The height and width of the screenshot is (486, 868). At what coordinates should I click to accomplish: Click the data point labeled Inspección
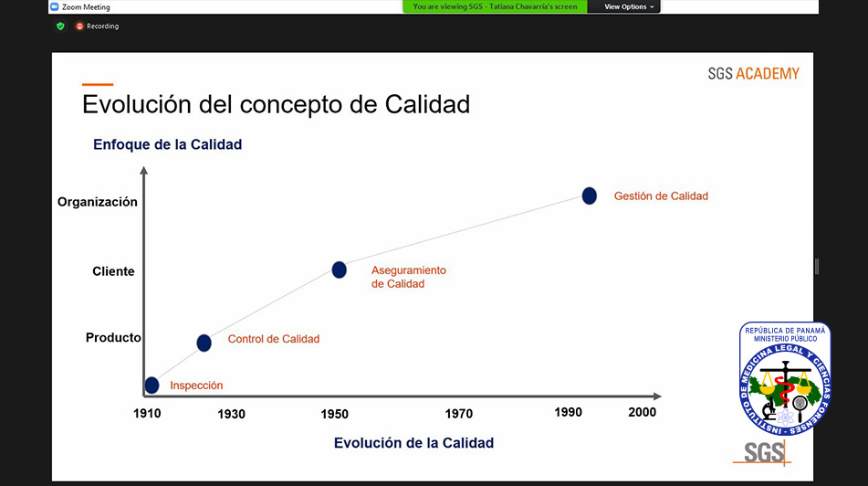152,386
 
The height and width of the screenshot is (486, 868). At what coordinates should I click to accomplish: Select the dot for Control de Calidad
204,343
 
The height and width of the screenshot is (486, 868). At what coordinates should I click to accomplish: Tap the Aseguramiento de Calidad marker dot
339,269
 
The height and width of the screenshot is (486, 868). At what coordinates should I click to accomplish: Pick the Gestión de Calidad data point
589,195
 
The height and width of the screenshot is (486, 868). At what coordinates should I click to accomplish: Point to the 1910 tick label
147,414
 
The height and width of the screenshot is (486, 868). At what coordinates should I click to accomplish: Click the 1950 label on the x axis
334,414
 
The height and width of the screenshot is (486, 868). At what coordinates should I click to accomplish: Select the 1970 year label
459,414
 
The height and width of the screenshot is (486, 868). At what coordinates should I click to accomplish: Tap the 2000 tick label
643,412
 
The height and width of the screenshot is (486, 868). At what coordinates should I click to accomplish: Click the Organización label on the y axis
98,202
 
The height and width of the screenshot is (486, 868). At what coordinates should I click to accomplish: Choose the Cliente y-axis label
113,271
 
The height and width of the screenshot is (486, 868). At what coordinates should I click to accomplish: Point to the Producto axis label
113,337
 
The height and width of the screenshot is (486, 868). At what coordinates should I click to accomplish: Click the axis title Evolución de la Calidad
413,443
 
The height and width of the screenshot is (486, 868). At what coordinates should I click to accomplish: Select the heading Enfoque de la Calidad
167,144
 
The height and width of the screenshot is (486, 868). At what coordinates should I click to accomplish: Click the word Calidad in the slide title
427,104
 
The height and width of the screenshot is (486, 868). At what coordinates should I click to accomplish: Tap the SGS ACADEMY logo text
753,74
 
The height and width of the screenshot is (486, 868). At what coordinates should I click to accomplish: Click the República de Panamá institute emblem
785,378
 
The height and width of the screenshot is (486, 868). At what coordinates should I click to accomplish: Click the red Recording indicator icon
79,26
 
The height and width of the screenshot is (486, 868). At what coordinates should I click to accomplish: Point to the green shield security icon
60,26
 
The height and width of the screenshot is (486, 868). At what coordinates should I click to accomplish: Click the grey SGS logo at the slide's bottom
763,453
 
